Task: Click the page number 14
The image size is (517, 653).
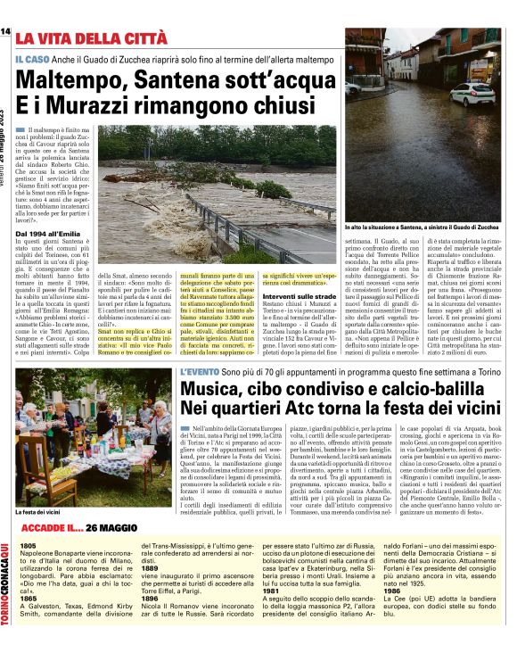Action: coord(5,32)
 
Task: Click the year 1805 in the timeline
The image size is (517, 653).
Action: coord(28,544)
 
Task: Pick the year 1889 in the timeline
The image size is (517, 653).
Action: coord(150,567)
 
